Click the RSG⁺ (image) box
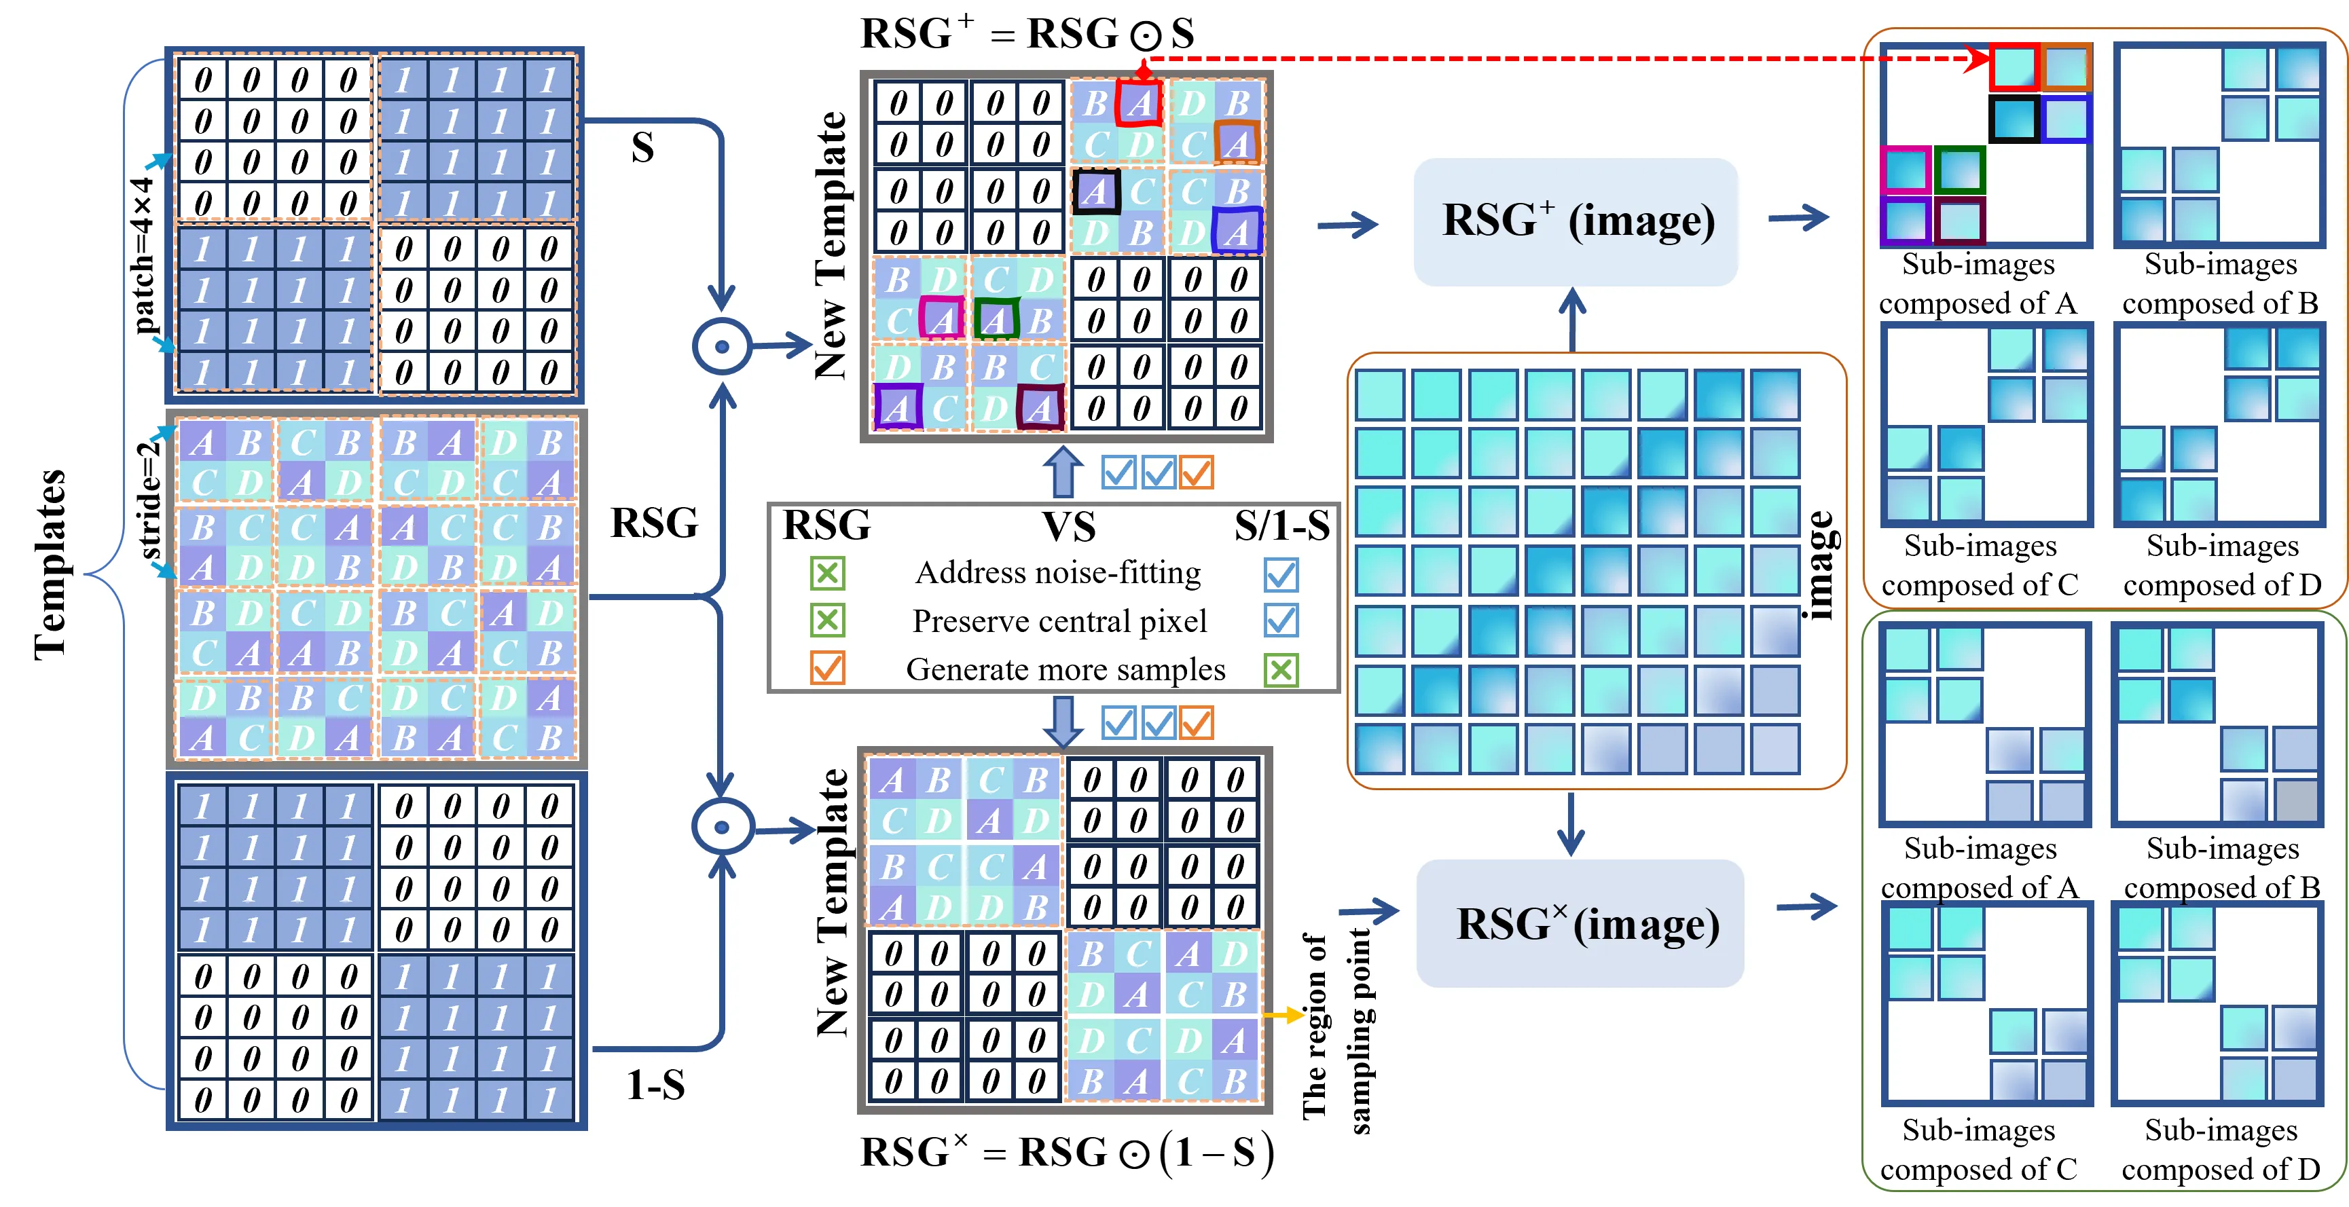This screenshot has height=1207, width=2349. coord(1576,221)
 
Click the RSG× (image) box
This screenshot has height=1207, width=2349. coord(1580,923)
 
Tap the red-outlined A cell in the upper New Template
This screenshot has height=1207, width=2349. coord(1139,103)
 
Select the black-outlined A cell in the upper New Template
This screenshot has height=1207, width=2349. coord(1095,191)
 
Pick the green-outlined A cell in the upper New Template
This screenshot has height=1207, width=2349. coord(996,319)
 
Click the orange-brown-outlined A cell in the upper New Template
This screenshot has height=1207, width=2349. coord(1237,143)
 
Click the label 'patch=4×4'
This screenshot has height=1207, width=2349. coord(143,255)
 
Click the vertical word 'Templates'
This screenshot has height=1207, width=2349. coord(50,565)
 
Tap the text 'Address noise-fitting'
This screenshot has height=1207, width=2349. coord(1058,572)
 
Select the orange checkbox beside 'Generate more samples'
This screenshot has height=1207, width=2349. coord(827,667)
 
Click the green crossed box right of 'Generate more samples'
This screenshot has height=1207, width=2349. coord(1280,670)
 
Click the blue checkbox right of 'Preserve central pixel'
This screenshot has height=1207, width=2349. coord(1280,621)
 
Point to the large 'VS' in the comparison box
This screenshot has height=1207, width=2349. coord(1069,526)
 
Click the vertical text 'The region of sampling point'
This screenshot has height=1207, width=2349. coord(1336,1030)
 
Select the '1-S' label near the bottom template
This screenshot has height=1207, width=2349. coord(655,1085)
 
